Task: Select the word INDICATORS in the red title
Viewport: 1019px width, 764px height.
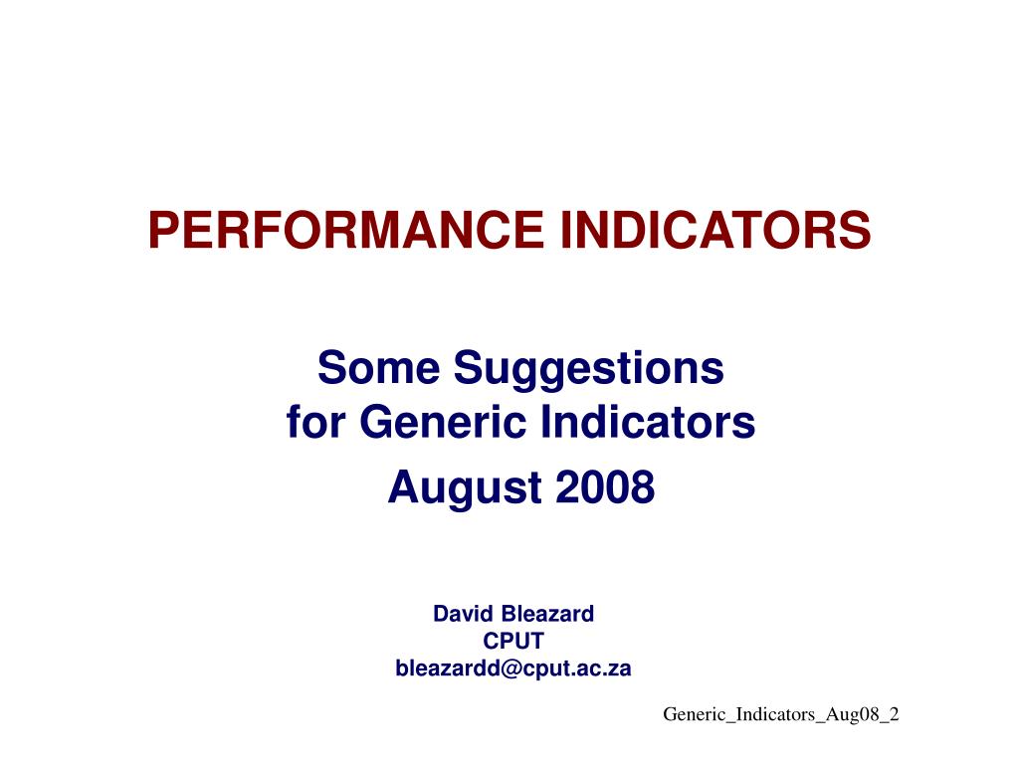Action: [x=715, y=230]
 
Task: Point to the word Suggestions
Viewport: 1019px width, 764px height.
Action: [x=589, y=370]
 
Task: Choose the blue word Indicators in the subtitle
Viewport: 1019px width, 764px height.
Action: [x=633, y=424]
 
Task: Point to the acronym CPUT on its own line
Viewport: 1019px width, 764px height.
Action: [x=513, y=642]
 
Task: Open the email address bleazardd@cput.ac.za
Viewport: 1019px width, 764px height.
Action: [x=513, y=668]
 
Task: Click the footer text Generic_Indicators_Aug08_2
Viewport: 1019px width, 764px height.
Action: [x=781, y=715]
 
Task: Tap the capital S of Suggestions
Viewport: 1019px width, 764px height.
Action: [x=467, y=368]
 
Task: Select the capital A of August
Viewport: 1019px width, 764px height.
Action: [x=400, y=487]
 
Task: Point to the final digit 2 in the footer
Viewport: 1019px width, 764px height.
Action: [x=895, y=714]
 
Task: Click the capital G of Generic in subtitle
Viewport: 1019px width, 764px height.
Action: [x=375, y=424]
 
